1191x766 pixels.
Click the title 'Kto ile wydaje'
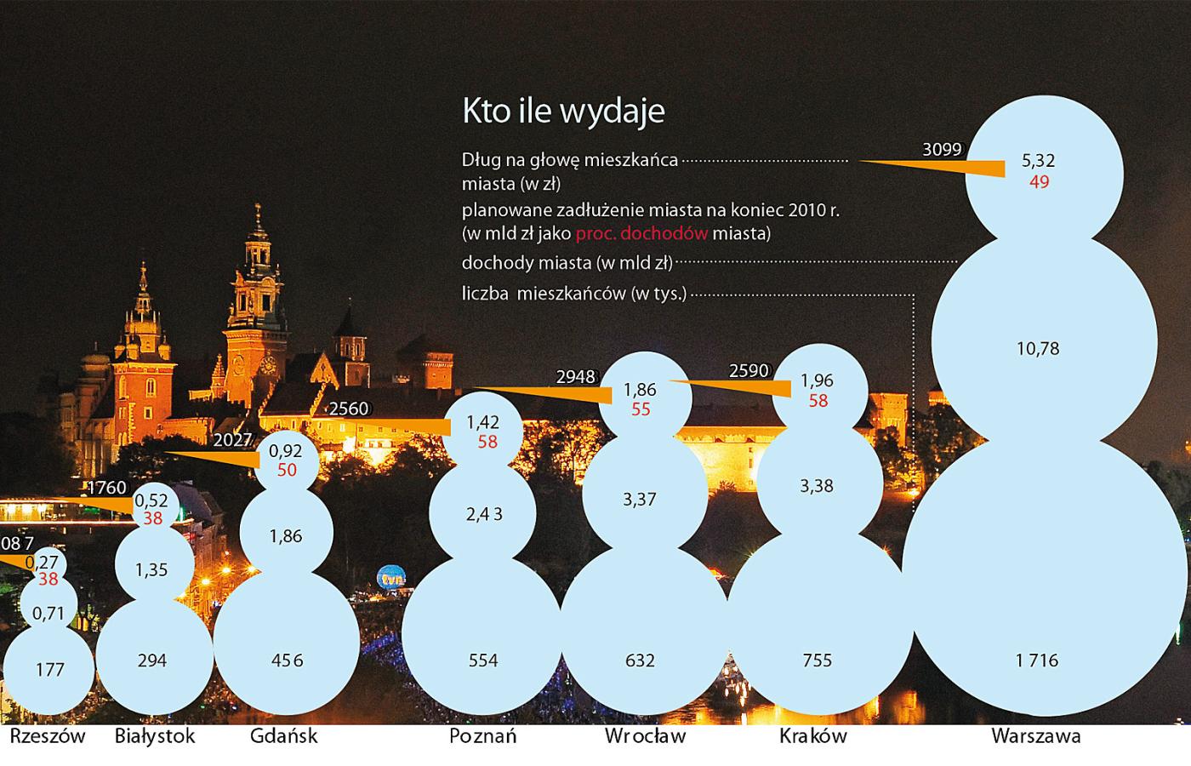pyautogui.click(x=563, y=111)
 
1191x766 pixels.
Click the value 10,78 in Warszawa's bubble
pyautogui.click(x=1038, y=348)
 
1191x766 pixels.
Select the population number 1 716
pyautogui.click(x=1036, y=660)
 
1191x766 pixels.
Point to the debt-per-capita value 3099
pyautogui.click(x=942, y=151)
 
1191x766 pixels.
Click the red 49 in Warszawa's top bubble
pyautogui.click(x=1039, y=182)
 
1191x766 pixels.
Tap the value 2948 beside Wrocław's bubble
pyautogui.click(x=576, y=376)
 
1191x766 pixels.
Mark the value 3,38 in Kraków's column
pyautogui.click(x=817, y=486)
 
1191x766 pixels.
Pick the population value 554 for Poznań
pyautogui.click(x=483, y=660)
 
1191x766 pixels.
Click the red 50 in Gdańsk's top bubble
pyautogui.click(x=287, y=470)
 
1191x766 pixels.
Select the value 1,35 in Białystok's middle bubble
pyautogui.click(x=151, y=570)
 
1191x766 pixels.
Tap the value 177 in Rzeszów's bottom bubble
pyautogui.click(x=50, y=670)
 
